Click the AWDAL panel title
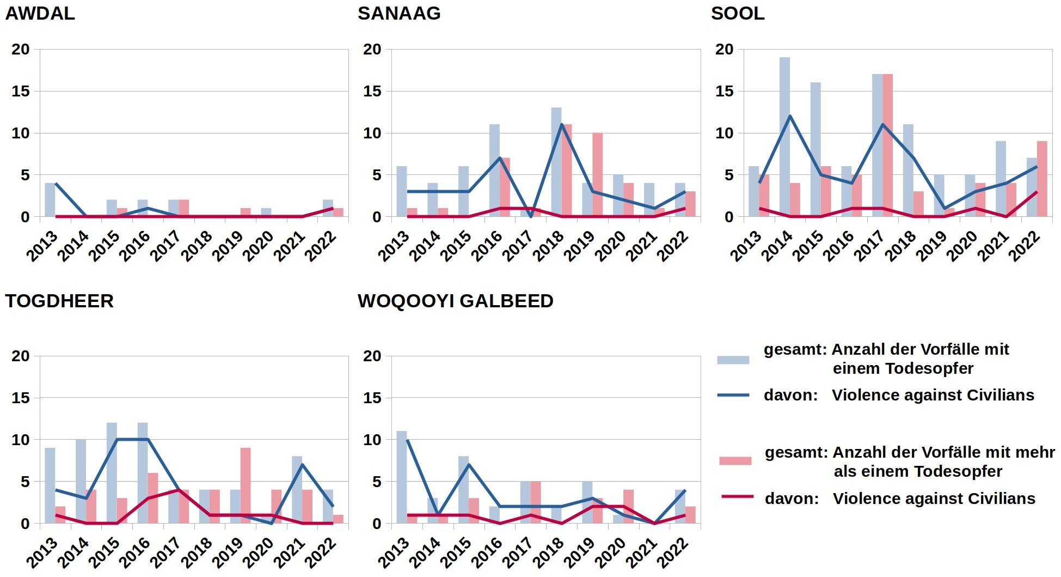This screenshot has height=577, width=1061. coord(40,14)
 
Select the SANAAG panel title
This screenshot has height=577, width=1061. coord(399,14)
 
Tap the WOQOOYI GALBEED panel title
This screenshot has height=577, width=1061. coord(455,301)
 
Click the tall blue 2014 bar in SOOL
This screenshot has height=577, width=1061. coord(784,136)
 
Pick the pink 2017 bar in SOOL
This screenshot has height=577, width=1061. coord(887,145)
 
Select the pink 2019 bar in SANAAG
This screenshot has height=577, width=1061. coord(597,174)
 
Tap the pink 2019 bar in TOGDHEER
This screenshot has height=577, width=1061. coord(246,485)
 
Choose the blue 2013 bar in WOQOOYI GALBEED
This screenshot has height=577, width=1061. coord(402,477)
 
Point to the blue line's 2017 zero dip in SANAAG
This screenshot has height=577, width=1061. coord(531,216)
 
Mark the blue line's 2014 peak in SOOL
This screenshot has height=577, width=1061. coord(790,116)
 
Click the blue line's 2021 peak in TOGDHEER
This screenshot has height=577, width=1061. coord(302,465)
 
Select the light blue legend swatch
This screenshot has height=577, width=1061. coord(733,360)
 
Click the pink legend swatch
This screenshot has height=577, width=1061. coord(735,461)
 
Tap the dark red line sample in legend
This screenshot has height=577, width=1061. coord(737,497)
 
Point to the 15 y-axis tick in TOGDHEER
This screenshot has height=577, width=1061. coord(21,398)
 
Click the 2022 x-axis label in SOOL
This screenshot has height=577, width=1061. coord(1025,245)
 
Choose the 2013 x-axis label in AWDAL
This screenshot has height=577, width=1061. coord(42,246)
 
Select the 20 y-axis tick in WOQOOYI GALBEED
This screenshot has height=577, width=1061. coord(372,356)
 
